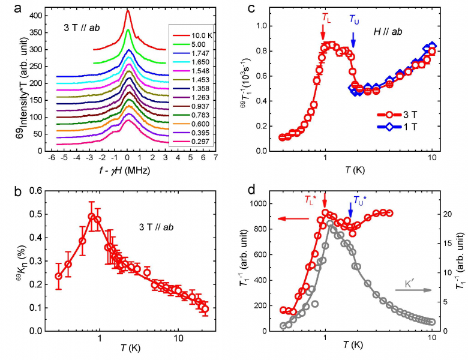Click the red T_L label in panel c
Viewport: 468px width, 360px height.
326,19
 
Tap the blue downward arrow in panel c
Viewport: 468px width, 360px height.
353,40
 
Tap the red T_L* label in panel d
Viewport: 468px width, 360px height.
310,200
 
